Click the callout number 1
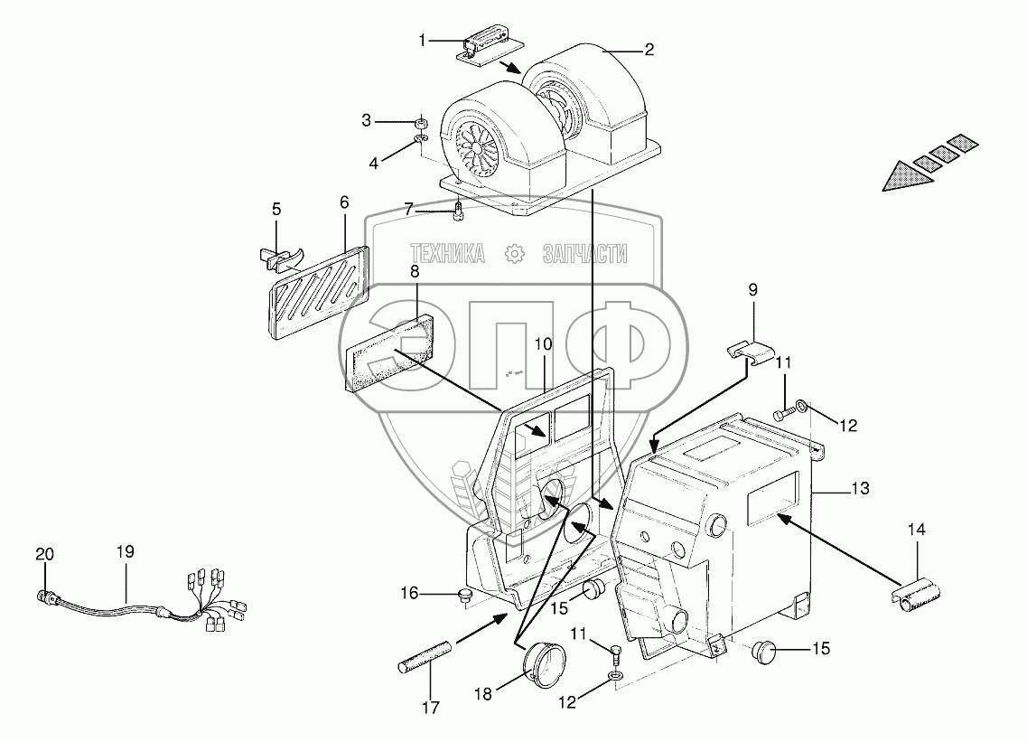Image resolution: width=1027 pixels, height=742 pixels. (x=423, y=41)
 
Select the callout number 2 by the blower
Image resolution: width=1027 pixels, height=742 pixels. (x=649, y=50)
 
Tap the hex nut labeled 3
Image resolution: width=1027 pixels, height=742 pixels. (x=422, y=122)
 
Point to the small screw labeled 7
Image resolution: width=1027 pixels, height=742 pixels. (x=459, y=211)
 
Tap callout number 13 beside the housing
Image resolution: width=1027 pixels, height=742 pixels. (x=861, y=488)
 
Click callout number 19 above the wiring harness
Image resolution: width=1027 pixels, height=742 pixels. (x=125, y=552)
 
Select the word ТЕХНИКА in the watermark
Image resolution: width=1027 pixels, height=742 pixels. (x=447, y=254)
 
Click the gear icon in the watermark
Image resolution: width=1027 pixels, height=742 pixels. (x=516, y=254)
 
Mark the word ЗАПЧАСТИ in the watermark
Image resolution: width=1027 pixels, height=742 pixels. (x=584, y=254)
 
